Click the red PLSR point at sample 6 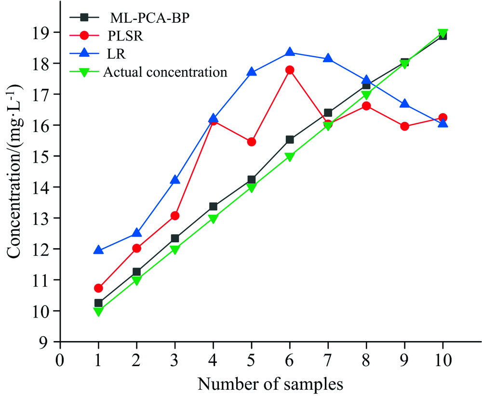(290, 70)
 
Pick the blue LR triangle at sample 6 (290, 52)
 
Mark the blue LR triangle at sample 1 (98, 250)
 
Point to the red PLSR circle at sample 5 (251, 142)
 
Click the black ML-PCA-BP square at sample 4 (213, 207)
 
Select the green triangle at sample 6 (290, 157)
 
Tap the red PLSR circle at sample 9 (404, 126)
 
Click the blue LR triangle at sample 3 (175, 180)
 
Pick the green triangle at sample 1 (98, 312)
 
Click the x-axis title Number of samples (270, 384)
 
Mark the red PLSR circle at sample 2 (136, 248)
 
